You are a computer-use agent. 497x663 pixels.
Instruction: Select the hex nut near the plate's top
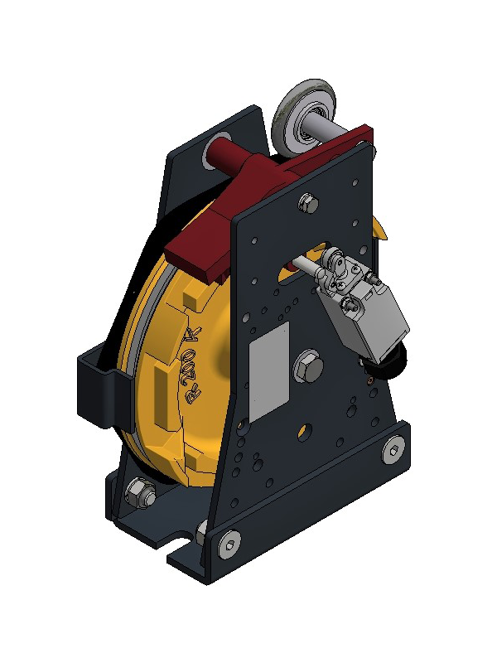pyautogui.click(x=308, y=203)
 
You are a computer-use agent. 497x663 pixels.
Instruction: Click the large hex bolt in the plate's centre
pyautogui.click(x=308, y=367)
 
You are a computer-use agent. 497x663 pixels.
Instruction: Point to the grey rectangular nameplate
pyautogui.click(x=269, y=371)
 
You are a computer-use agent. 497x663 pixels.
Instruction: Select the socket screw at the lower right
pyautogui.click(x=393, y=451)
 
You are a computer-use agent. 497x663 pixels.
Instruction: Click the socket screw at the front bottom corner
pyautogui.click(x=229, y=544)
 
